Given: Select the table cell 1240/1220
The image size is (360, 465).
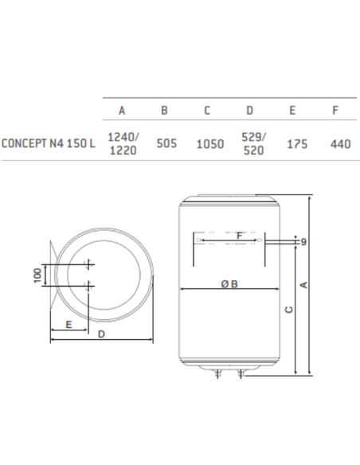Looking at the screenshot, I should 121,144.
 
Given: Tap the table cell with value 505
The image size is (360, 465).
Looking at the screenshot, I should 164,144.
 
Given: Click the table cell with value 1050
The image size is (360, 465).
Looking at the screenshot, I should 209,144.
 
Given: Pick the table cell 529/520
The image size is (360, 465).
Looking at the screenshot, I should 252,143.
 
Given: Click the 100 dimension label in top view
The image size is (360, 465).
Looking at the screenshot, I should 37,275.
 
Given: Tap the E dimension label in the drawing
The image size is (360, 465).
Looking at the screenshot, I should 69,324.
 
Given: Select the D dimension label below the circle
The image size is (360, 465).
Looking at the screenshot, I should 102,336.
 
